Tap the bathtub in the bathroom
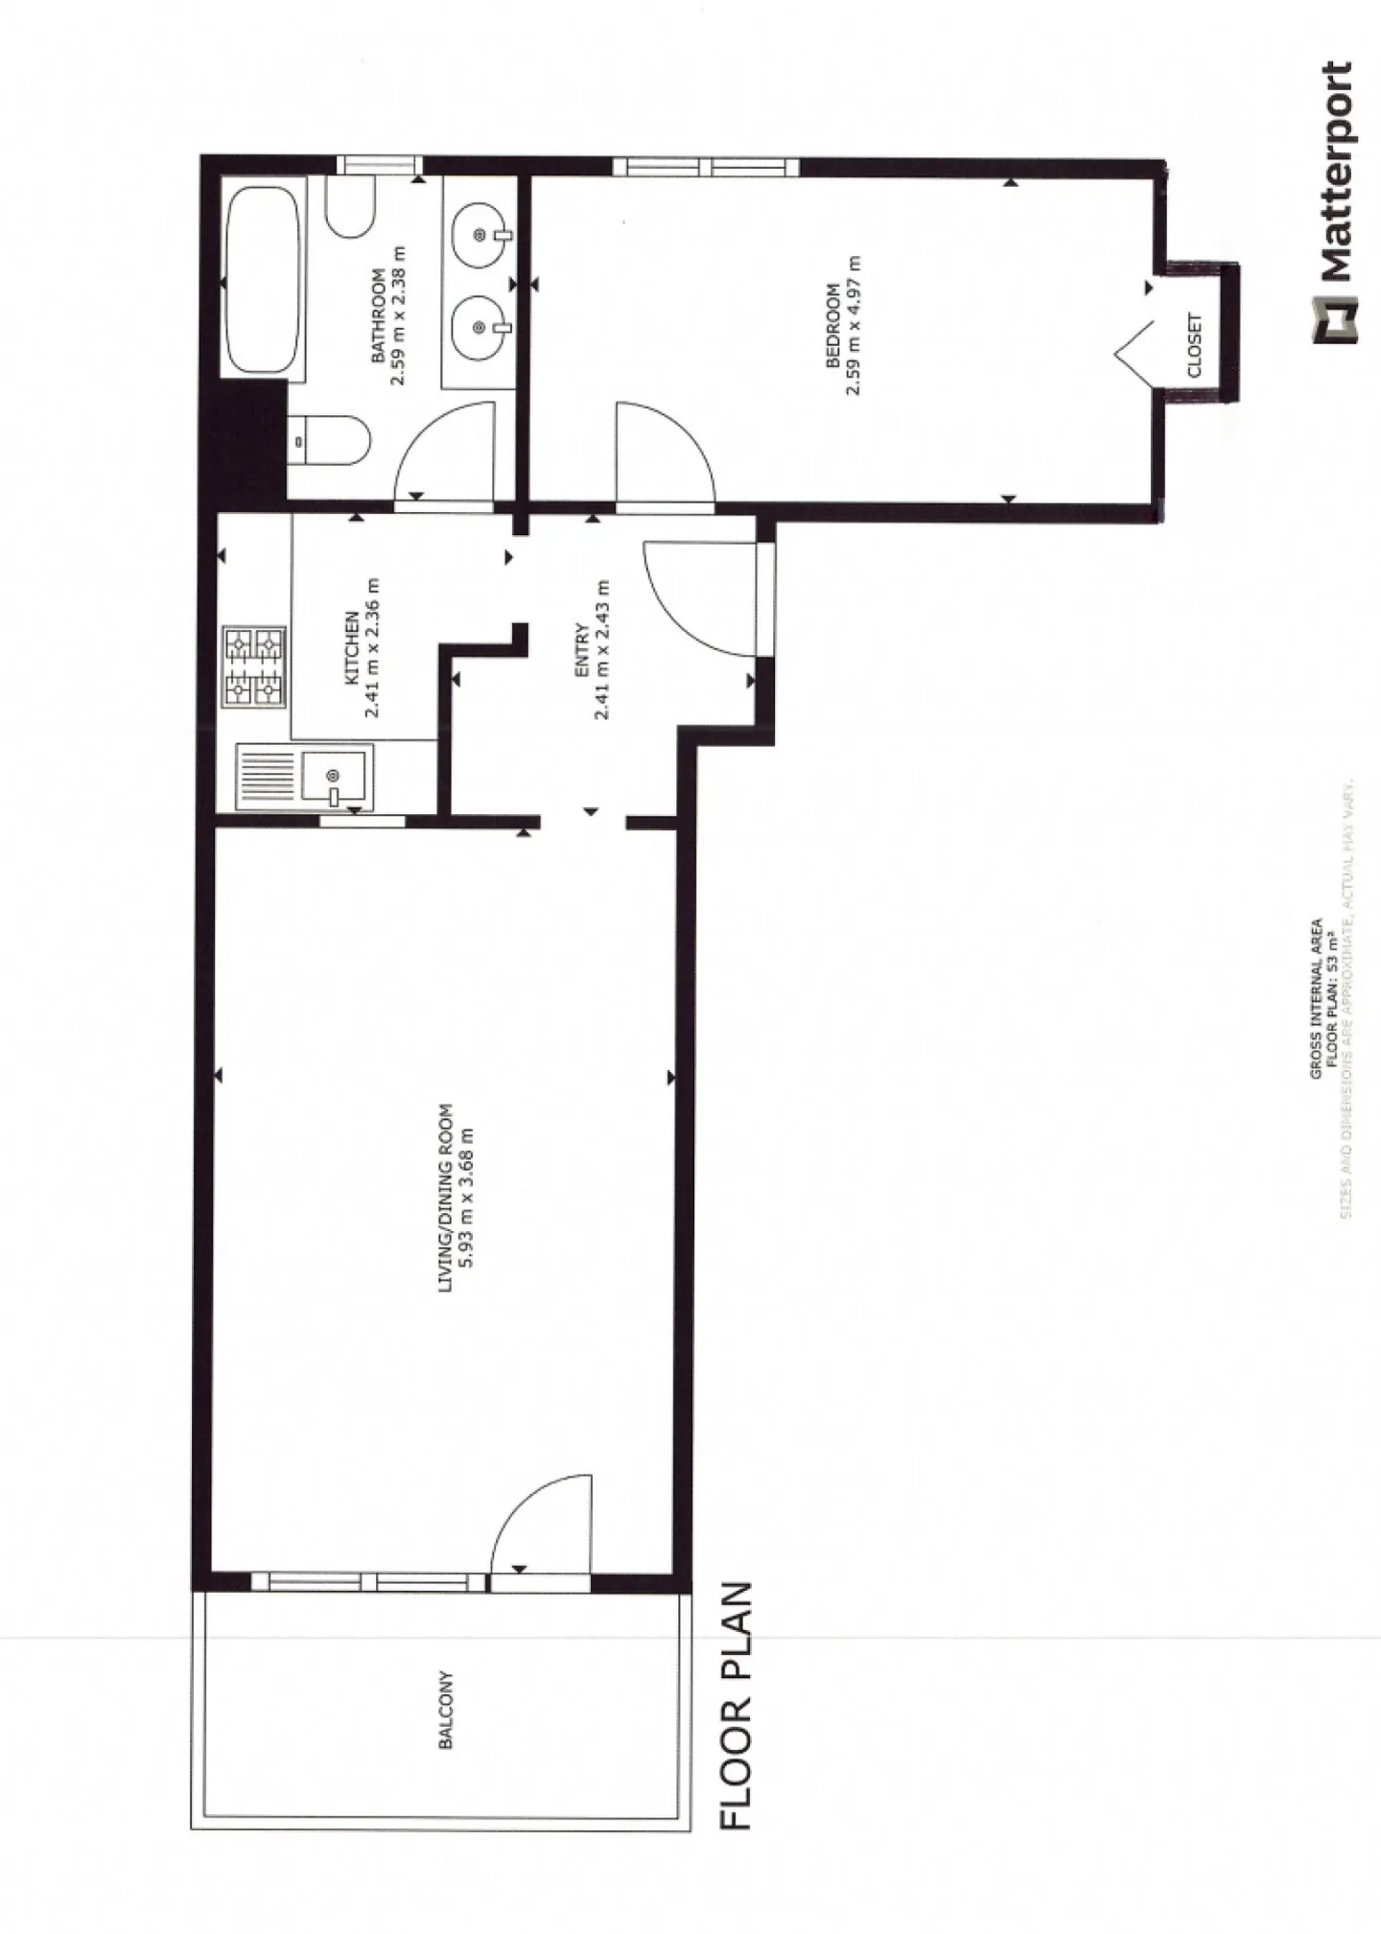point(263,282)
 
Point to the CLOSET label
point(1194,345)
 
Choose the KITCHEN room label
point(352,647)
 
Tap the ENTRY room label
point(581,652)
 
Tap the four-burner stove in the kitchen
point(254,666)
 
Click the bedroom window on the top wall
point(705,167)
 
